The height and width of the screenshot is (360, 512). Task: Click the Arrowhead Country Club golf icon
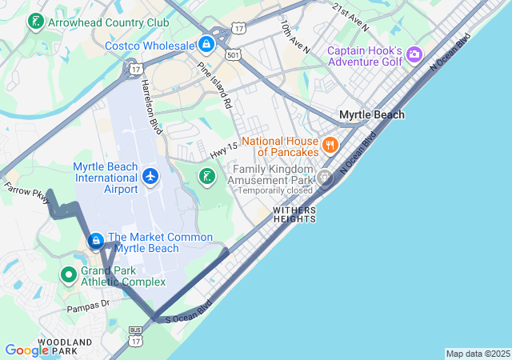click(35, 22)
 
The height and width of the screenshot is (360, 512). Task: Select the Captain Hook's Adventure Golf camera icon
click(414, 54)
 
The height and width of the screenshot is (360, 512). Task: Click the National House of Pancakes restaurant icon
click(330, 146)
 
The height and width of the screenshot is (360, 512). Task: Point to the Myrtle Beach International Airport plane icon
click(150, 175)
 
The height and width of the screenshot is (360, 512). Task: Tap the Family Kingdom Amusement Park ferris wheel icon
click(324, 178)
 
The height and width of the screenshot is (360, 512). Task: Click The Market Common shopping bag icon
click(95, 240)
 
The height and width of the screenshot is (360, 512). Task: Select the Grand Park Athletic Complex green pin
click(69, 274)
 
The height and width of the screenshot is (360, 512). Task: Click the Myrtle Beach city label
click(371, 114)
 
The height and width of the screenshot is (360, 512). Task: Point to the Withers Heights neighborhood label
click(294, 214)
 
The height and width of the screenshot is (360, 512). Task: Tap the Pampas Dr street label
click(87, 305)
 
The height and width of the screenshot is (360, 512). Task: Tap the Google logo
click(26, 350)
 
